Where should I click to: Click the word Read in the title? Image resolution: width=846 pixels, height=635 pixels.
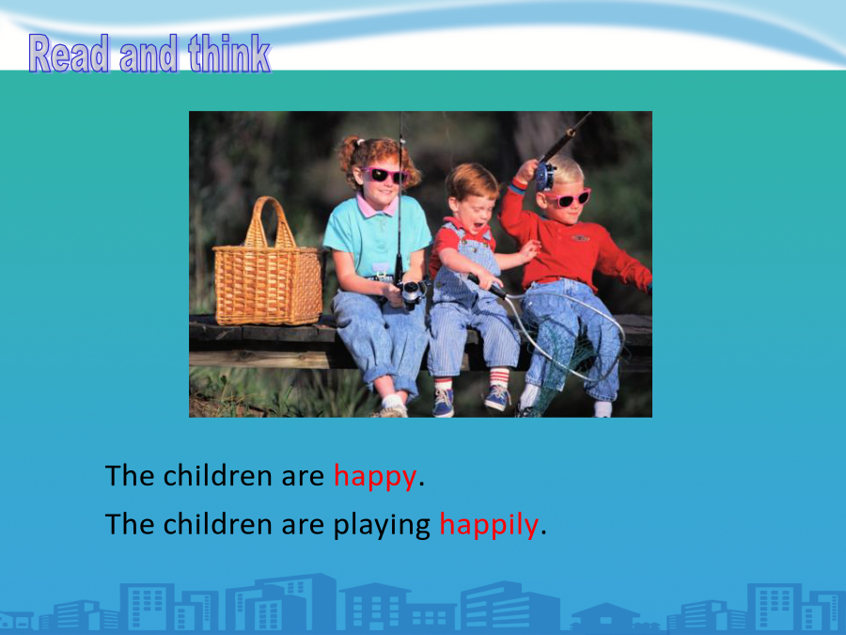pos(69,54)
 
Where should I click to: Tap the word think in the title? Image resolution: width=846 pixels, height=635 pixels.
pos(229,54)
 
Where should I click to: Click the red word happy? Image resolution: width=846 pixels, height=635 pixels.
pos(375,477)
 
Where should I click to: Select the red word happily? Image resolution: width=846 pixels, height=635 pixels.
pos(489,524)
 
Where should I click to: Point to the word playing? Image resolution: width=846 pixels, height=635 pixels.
pos(382,525)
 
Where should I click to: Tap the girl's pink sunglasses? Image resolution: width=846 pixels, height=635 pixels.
pos(384,175)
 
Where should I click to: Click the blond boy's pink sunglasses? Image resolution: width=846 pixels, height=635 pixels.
pos(570,198)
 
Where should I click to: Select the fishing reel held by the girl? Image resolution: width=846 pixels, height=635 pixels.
pos(411,293)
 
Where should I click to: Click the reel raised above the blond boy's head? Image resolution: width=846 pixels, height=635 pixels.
pos(545,175)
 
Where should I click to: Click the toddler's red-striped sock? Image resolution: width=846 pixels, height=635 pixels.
pos(499,376)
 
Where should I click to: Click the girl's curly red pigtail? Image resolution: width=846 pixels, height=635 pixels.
pos(349,155)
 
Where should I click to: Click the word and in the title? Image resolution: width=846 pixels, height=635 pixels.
pos(149,54)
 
